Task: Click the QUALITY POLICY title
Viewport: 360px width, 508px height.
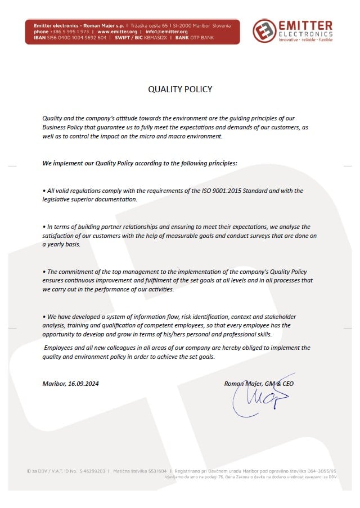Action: [180, 89]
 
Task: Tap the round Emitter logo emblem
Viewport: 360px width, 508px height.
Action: [264, 32]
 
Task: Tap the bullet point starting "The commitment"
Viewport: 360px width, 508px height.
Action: [44, 272]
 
